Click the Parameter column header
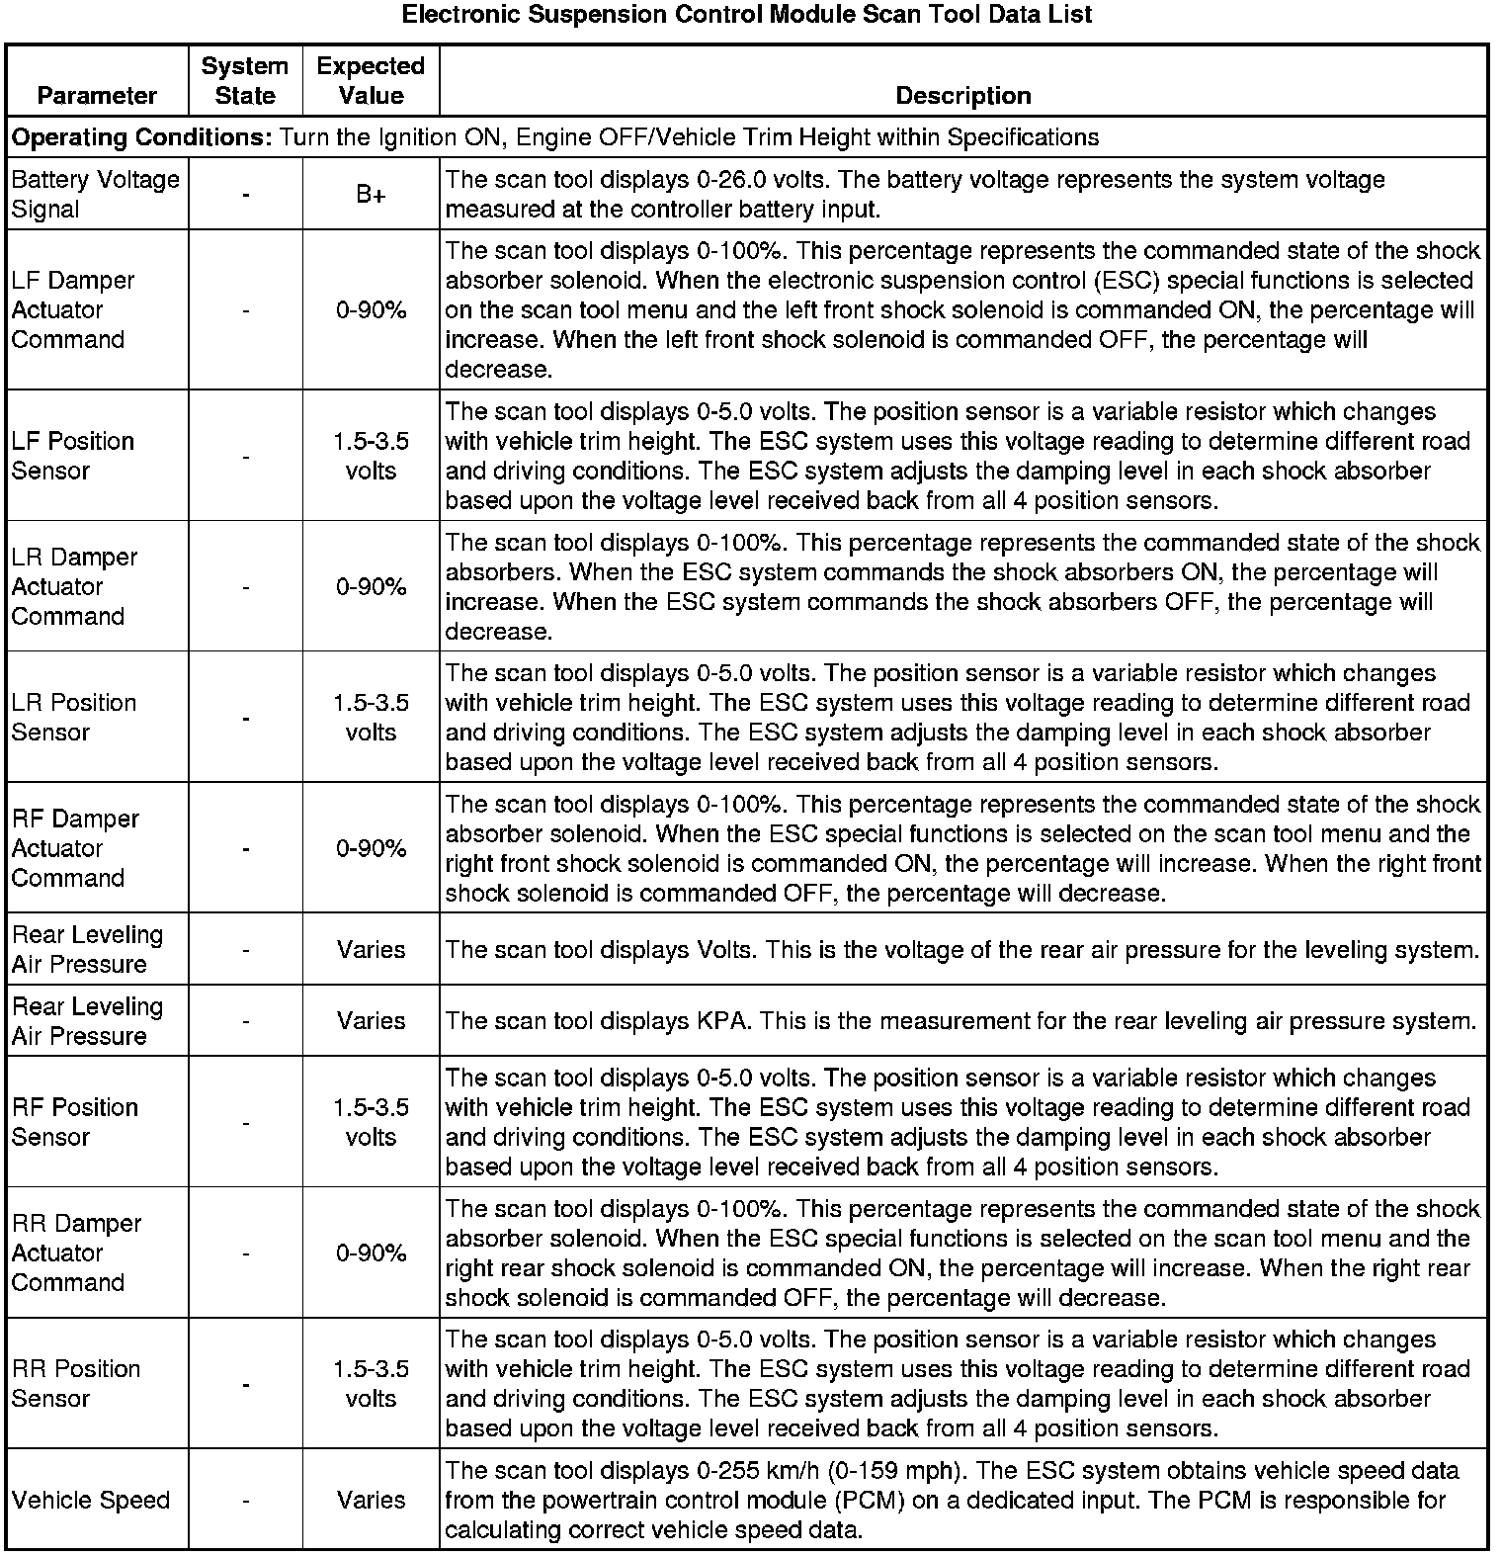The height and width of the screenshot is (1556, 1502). (97, 96)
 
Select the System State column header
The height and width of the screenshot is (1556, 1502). (245, 81)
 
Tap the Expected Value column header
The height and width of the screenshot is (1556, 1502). (371, 81)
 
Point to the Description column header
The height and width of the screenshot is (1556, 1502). (962, 96)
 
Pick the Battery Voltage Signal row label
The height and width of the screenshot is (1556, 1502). (95, 194)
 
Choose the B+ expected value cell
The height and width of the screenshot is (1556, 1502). (371, 195)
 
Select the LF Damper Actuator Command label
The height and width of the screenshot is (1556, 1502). (72, 310)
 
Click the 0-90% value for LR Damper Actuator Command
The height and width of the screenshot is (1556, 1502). (371, 587)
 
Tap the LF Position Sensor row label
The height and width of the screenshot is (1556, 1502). (72, 456)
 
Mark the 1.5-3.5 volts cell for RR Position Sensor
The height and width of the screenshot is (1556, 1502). (371, 1384)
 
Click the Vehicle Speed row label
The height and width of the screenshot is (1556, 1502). (91, 1501)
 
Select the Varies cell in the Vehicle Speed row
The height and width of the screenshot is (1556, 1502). (371, 1501)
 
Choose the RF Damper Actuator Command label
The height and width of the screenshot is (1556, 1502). (75, 849)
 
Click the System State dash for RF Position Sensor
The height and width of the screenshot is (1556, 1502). (245, 1123)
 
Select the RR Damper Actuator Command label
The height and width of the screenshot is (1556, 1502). (76, 1253)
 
